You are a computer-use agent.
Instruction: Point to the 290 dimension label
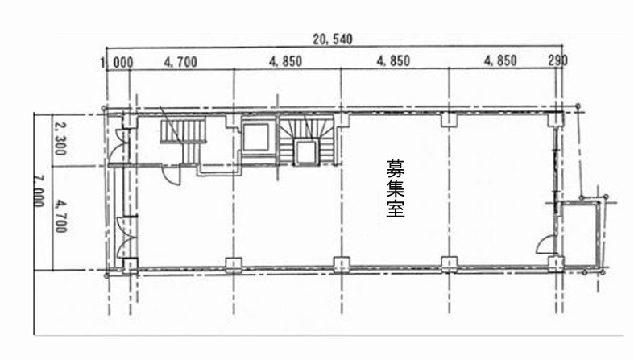(557, 61)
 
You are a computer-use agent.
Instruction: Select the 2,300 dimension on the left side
(59, 139)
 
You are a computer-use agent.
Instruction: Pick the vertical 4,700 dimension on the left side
(59, 215)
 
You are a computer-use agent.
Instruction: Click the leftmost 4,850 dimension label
(286, 61)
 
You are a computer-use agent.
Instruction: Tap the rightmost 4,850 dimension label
(500, 61)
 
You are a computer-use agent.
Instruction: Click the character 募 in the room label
(395, 170)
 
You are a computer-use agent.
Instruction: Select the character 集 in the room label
(395, 191)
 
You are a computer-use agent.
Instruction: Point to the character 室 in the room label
(395, 211)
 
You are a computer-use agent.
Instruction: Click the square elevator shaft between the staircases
(257, 138)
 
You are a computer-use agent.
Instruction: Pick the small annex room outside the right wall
(581, 234)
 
